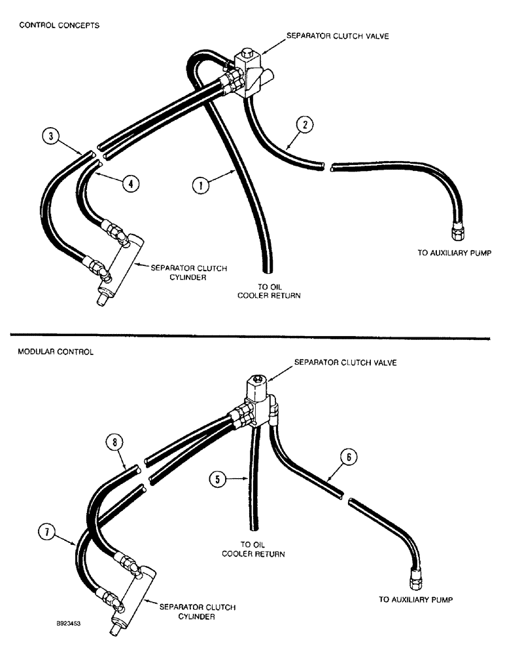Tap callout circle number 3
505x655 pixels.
click(x=50, y=136)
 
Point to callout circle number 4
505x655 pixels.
click(x=131, y=184)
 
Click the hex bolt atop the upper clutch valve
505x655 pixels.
click(x=247, y=52)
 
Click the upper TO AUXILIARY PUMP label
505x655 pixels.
click(x=454, y=252)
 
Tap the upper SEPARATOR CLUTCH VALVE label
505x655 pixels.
click(x=336, y=35)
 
